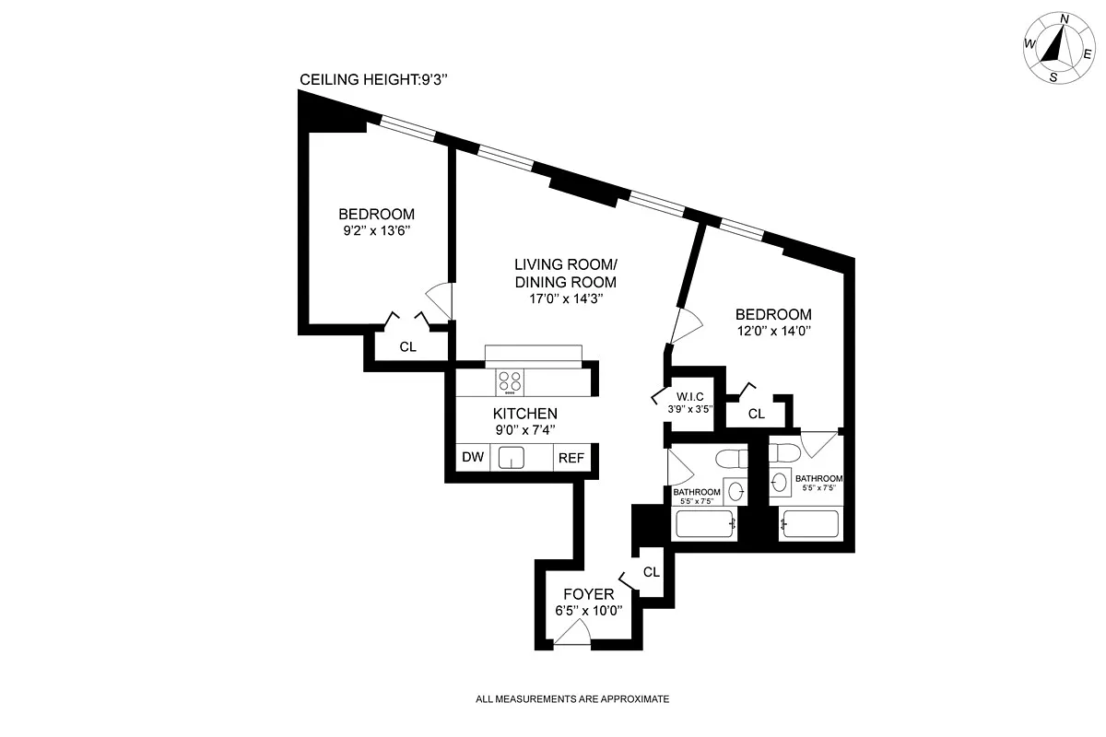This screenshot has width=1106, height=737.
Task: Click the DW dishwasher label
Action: point(472,457)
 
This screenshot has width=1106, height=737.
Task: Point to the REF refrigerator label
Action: point(569,457)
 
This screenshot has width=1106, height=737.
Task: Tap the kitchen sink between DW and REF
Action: point(511,457)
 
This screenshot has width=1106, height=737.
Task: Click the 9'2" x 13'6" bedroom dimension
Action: point(376,231)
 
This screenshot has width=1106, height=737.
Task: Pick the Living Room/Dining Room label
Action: point(565,273)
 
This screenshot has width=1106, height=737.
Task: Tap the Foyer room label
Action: point(588,594)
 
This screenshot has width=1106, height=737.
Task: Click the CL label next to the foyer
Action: point(652,572)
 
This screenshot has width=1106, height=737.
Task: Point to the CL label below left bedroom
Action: point(408,347)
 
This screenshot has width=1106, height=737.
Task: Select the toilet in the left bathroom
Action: point(734,458)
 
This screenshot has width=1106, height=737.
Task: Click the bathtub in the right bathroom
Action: point(809,525)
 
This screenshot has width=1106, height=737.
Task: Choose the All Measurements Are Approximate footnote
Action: point(572,699)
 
